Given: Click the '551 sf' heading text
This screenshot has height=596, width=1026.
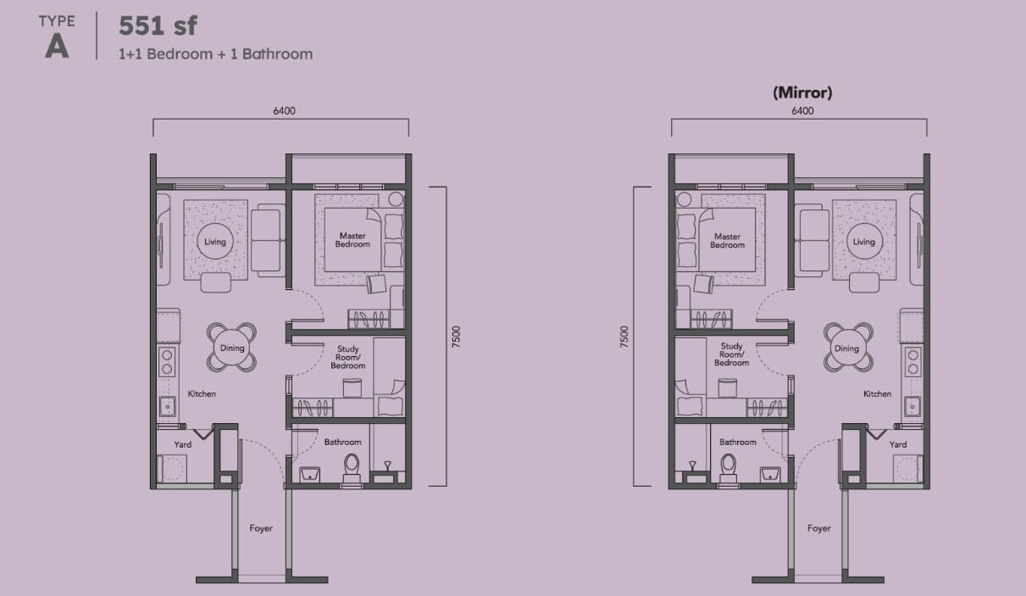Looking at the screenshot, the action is [158, 25].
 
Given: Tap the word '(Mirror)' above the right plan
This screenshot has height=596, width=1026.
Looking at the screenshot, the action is [802, 92].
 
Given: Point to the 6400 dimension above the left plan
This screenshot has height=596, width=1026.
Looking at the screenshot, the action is [284, 110].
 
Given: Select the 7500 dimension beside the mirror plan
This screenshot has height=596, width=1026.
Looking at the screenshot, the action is [624, 337].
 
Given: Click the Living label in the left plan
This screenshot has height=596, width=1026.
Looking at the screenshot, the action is [215, 242].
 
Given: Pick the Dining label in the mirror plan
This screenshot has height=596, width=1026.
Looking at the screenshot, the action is [846, 348].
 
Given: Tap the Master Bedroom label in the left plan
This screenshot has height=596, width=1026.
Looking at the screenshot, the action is [352, 240].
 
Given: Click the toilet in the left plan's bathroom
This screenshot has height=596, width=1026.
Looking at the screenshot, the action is [352, 468].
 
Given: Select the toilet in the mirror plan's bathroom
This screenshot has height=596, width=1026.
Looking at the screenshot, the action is [729, 468].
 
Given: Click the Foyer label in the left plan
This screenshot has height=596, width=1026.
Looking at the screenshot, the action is [261, 528].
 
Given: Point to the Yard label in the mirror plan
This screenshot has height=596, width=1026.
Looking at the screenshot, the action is [898, 444].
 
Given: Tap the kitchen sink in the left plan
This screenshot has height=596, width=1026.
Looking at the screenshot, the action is [167, 406].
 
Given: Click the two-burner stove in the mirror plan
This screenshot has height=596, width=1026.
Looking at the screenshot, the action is [912, 361].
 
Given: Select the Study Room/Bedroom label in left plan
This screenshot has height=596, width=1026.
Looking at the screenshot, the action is [348, 357].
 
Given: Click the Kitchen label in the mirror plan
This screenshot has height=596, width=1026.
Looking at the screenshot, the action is [877, 394].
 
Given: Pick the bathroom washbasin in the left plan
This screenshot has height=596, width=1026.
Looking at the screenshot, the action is [310, 474].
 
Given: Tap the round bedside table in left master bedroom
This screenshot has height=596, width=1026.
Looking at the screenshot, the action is [396, 199].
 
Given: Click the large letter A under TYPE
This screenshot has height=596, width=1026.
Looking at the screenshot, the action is [57, 47].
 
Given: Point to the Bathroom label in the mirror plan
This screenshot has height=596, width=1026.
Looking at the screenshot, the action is [737, 442].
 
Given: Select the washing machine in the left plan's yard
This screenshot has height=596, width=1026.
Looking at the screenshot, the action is [172, 469].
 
